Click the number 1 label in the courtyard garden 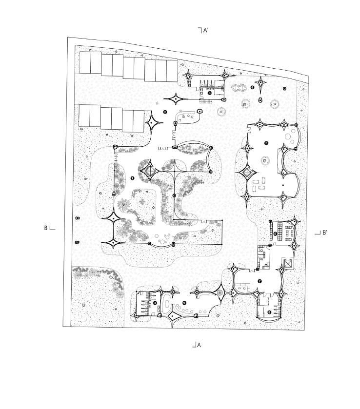(x=133, y=178)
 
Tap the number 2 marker (x=165, y=113)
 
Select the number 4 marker (x=252, y=88)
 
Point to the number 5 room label (x=266, y=143)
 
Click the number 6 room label (x=275, y=234)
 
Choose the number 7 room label (x=260, y=281)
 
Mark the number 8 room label (x=269, y=312)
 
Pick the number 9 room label (x=184, y=303)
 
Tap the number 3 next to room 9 (x=155, y=303)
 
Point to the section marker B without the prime (x=49, y=227)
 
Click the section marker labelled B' (x=321, y=233)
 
